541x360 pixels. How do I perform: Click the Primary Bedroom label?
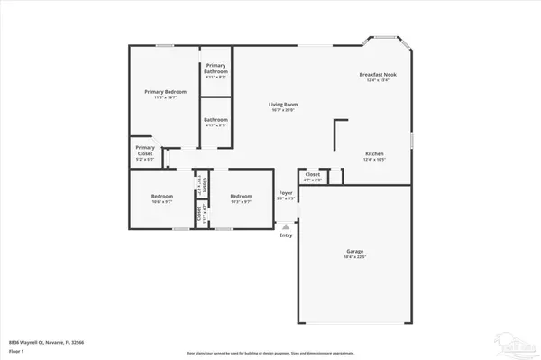click(x=163, y=91)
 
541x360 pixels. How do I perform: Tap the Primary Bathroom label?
click(x=215, y=69)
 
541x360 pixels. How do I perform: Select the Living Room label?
click(x=282, y=104)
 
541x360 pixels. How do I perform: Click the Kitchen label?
click(x=374, y=154)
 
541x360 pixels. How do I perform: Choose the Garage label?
click(x=354, y=252)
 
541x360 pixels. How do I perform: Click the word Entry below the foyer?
click(x=286, y=235)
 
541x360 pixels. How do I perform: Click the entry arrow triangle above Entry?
click(x=286, y=226)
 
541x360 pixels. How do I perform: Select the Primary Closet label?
click(x=144, y=150)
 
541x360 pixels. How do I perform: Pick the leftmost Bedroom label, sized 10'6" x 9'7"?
click(x=162, y=196)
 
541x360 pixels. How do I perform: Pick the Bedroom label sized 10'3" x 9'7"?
click(x=241, y=196)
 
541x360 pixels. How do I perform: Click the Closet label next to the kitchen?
click(x=313, y=174)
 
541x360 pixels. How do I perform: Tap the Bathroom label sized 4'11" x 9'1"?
click(x=215, y=119)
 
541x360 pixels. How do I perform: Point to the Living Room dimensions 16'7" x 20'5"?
click(x=282, y=110)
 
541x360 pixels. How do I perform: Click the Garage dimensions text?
click(x=354, y=258)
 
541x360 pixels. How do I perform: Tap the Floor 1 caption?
click(x=16, y=351)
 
